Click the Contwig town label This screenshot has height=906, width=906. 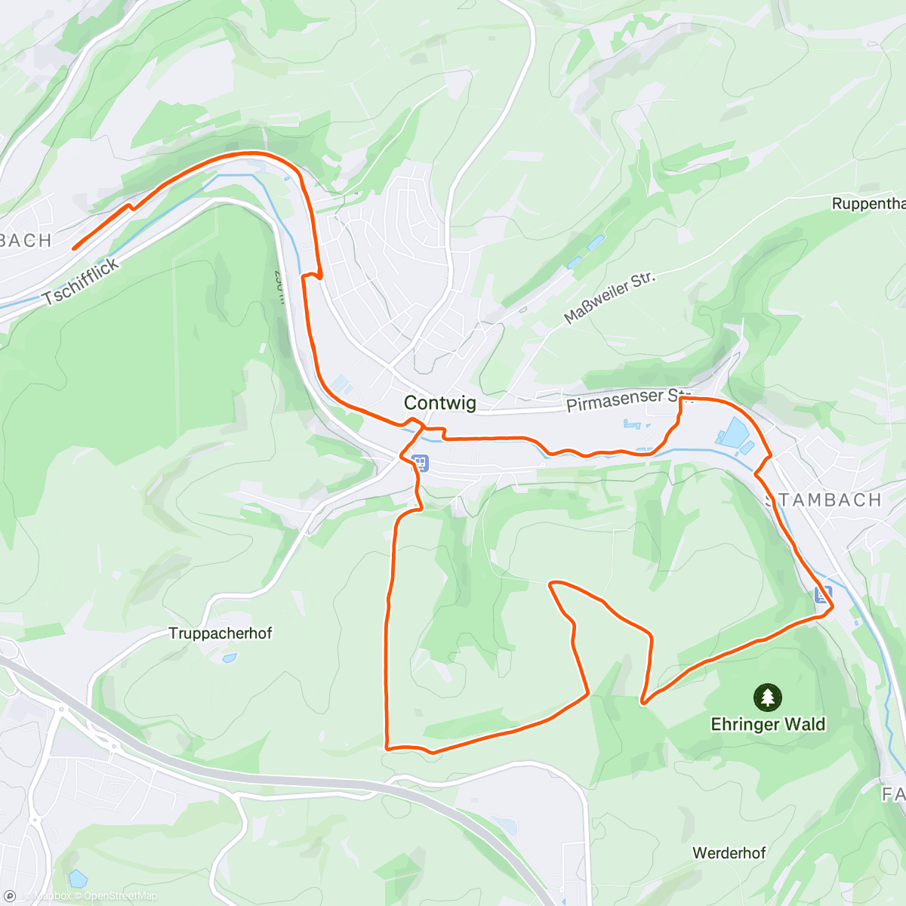(x=440, y=402)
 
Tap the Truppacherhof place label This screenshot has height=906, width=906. (x=220, y=633)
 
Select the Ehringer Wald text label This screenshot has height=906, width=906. (x=768, y=724)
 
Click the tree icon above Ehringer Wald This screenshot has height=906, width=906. (x=768, y=697)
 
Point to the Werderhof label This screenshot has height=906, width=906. (x=729, y=852)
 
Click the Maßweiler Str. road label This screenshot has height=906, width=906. (x=609, y=297)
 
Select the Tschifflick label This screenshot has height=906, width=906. (x=82, y=281)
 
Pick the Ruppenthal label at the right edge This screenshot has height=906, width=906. (x=868, y=204)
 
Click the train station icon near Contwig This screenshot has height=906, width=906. (x=420, y=462)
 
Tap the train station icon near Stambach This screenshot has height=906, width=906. (x=823, y=594)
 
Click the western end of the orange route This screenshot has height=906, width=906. (x=74, y=247)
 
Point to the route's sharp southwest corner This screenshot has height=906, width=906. (x=387, y=747)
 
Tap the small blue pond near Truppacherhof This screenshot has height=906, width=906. (x=229, y=658)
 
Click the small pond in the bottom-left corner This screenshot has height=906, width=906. (x=77, y=878)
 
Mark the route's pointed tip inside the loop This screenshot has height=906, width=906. (x=551, y=584)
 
